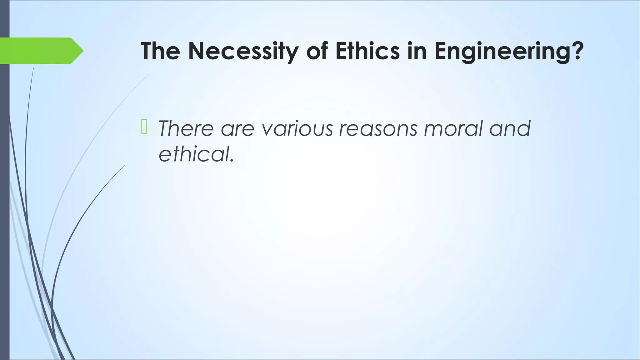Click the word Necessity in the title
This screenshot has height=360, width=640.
(x=242, y=51)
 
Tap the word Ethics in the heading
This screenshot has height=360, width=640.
(x=367, y=51)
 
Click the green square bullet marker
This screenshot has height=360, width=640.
(x=144, y=127)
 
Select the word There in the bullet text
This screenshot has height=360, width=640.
(x=186, y=128)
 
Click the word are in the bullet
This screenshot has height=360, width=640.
(x=237, y=128)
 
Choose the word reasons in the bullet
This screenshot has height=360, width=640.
(x=378, y=128)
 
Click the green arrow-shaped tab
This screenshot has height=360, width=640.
(x=37, y=51)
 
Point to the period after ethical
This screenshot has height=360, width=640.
(x=232, y=161)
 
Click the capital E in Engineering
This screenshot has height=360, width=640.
(x=441, y=51)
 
